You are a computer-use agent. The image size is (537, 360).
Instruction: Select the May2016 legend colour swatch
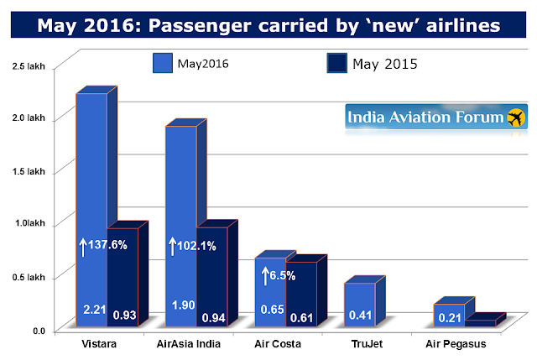(162, 64)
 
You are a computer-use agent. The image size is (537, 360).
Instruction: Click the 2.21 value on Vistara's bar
(93, 310)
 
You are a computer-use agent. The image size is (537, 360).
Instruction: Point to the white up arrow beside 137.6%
(82, 247)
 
